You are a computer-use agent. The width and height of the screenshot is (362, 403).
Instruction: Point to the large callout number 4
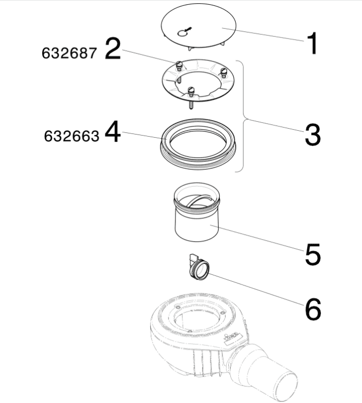[112, 132]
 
